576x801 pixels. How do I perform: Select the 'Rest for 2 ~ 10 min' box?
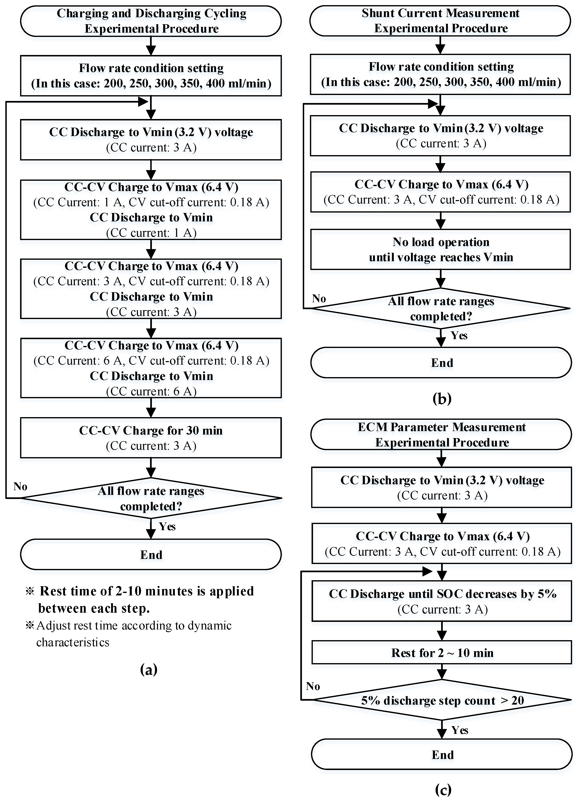[442, 653]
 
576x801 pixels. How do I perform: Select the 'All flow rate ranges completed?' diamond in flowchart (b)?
[441, 308]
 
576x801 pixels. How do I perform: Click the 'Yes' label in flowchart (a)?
[167, 526]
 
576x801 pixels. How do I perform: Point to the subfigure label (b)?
[442, 398]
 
